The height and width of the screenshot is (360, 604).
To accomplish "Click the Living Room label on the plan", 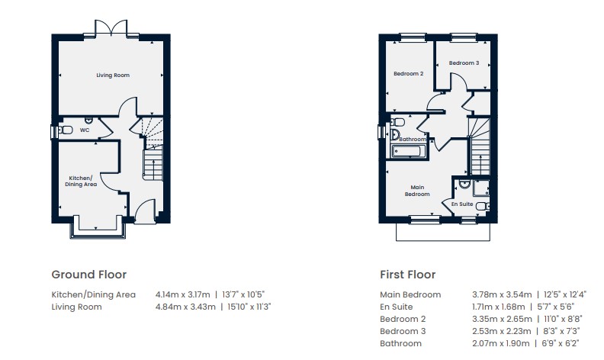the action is click(113, 76).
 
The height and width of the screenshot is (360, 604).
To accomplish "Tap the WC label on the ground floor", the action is click(85, 130).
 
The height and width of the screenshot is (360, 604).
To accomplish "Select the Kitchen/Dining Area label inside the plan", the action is click(81, 182).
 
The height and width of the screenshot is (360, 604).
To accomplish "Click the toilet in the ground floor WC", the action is click(66, 130).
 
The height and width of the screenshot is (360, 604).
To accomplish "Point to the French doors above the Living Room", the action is click(111, 28).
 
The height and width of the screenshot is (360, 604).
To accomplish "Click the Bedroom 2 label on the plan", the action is click(408, 74).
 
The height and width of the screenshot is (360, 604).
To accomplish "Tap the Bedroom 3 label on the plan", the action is click(464, 63).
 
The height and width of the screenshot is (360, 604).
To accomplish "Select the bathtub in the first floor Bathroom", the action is click(408, 151).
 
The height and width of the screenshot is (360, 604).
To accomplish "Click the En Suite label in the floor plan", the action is click(462, 204).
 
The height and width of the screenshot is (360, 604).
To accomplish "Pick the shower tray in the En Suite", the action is click(480, 188).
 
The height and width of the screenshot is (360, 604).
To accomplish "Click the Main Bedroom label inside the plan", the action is click(417, 191).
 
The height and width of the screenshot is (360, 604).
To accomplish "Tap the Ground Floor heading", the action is click(89, 275).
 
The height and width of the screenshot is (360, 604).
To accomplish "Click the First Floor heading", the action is click(407, 275).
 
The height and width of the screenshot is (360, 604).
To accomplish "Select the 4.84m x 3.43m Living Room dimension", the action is click(185, 307).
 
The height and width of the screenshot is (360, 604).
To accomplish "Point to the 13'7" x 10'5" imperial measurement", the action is click(243, 294).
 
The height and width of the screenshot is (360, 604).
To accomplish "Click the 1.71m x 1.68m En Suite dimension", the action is click(499, 307).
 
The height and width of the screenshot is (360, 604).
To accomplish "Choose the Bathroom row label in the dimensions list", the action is click(400, 343).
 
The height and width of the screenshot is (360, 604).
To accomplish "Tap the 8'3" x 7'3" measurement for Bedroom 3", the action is click(561, 331).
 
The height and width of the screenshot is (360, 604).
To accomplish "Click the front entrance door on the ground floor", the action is click(145, 211).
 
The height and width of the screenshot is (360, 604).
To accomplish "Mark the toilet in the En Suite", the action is click(482, 206).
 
